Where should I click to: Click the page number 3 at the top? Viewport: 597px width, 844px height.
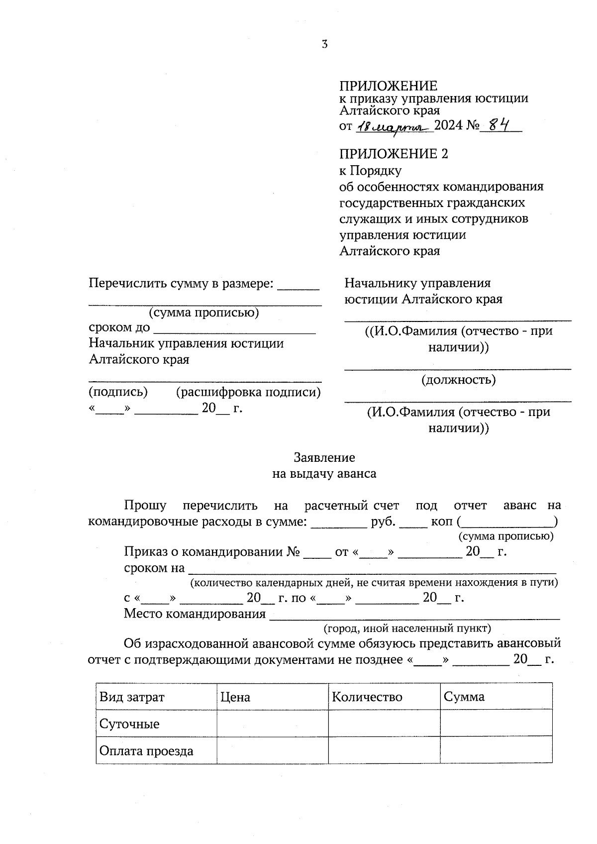point(324,44)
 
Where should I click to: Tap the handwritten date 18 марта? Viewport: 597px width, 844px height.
point(393,127)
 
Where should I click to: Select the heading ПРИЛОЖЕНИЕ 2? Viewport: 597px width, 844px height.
point(394,154)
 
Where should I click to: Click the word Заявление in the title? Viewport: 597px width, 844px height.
point(324,457)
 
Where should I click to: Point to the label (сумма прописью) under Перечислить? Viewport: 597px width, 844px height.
point(204,313)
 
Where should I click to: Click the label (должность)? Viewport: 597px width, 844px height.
point(458,380)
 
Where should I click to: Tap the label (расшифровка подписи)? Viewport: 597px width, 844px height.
point(248,392)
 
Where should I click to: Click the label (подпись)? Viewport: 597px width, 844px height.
point(118,392)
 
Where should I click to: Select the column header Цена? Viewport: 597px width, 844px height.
point(235,697)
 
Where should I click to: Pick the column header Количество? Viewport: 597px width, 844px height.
point(367,697)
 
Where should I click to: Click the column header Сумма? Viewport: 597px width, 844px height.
point(464,697)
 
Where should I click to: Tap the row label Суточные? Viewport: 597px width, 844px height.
point(129,724)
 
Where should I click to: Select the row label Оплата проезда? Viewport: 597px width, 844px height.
point(146,751)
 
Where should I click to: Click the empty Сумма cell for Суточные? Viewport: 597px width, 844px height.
point(496,723)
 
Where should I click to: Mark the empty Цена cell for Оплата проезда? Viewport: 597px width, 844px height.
point(272,750)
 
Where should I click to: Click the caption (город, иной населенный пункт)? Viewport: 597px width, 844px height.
point(407,629)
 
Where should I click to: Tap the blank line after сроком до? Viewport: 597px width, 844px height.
point(234,329)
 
